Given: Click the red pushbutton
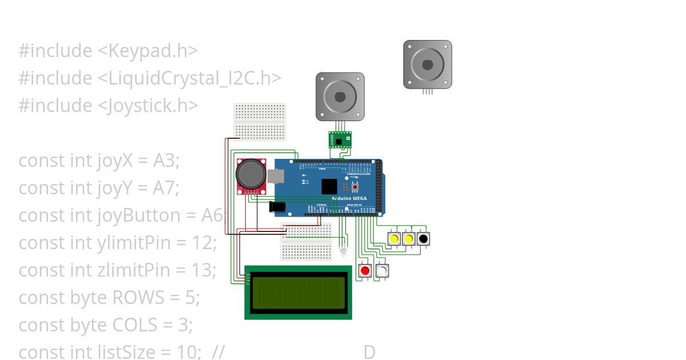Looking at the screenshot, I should (x=365, y=271).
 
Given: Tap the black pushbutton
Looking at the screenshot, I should (x=423, y=238).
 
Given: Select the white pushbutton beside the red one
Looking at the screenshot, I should (x=382, y=271).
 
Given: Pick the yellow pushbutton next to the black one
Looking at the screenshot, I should (x=408, y=238).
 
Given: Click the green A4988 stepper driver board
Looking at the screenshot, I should (x=340, y=140).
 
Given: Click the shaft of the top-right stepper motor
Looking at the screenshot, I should (x=428, y=64).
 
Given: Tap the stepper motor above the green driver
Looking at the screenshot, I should (x=340, y=97).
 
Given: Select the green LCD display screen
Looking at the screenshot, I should (x=298, y=292).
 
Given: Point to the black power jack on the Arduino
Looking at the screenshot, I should (x=277, y=206).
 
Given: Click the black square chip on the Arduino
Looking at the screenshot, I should (x=329, y=187).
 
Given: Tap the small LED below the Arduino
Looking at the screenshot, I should (x=343, y=252).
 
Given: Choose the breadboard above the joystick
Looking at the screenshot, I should (x=260, y=122).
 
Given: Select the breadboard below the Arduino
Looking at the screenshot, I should (x=306, y=241).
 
